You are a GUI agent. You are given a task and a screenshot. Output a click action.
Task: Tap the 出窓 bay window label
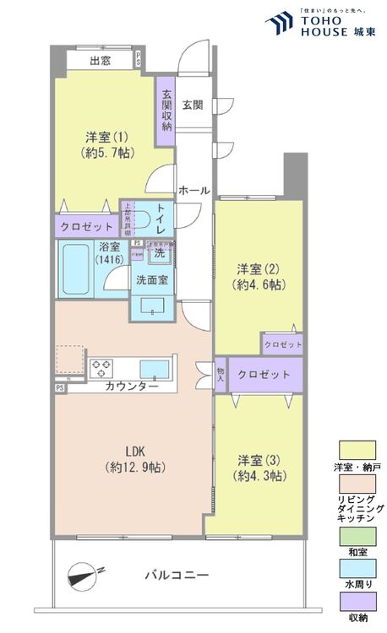(x=101, y=60)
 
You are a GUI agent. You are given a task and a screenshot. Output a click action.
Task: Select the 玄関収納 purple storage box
(x=166, y=105)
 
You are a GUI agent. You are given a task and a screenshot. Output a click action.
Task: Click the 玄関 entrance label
(x=193, y=105)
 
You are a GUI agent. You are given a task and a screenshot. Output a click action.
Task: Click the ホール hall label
(x=193, y=192)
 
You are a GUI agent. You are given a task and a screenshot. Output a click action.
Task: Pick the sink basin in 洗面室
(x=153, y=306)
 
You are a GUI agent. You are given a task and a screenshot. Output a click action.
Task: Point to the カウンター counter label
(x=131, y=387)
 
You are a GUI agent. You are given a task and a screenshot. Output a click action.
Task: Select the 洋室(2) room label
(x=258, y=277)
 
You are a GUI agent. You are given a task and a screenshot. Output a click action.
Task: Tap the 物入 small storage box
(x=220, y=375)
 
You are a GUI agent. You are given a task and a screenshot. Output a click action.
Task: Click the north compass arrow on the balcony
(x=84, y=576)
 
